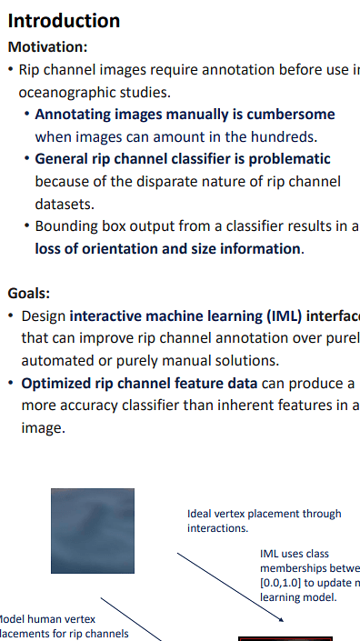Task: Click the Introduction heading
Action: coord(64,20)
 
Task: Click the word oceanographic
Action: coord(66,92)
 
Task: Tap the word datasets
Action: coord(64,205)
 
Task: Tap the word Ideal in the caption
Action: coord(199,514)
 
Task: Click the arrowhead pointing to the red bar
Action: coord(283,620)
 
